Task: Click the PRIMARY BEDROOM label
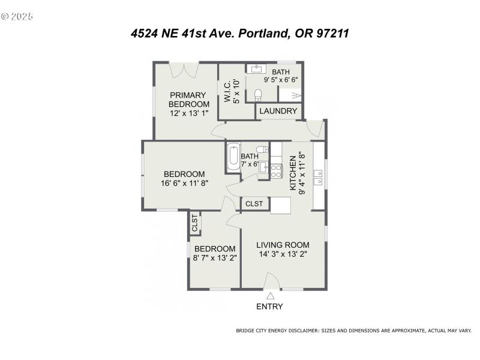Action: click(x=188, y=99)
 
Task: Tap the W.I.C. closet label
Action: click(x=232, y=91)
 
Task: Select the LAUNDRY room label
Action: click(x=278, y=111)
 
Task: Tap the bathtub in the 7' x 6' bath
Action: click(x=233, y=158)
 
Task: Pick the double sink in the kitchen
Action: click(x=319, y=176)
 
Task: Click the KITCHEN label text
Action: click(x=293, y=172)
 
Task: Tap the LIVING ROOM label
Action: click(x=283, y=245)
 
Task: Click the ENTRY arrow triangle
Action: click(x=271, y=296)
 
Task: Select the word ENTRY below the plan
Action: click(x=270, y=307)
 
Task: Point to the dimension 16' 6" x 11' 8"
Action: click(x=184, y=183)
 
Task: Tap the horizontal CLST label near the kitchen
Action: click(x=254, y=204)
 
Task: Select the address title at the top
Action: click(x=240, y=34)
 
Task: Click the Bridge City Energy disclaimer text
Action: click(x=354, y=331)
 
